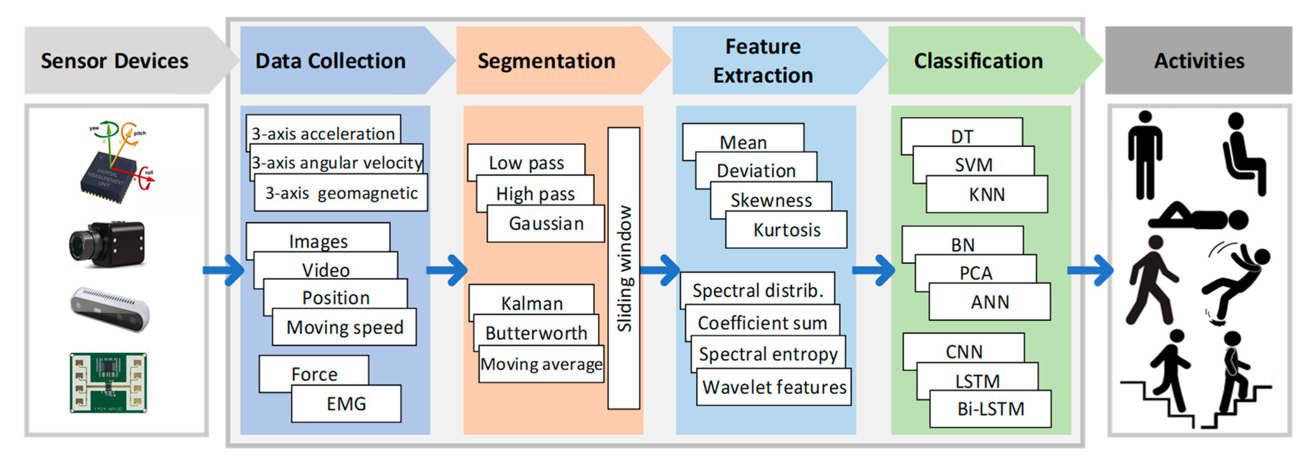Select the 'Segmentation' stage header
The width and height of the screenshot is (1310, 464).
[546, 61]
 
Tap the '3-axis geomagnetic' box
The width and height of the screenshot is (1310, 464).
[341, 193]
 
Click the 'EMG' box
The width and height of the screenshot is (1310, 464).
[346, 404]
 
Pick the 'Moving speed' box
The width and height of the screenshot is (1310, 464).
[345, 328]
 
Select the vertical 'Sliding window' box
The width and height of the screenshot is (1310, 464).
[624, 268]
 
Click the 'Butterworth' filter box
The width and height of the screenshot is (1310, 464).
[536, 333]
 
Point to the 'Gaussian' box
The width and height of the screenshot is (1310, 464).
[546, 224]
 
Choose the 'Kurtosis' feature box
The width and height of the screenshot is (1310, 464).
[786, 230]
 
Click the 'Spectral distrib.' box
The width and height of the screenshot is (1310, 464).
[757, 290]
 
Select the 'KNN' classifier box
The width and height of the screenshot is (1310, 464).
[987, 195]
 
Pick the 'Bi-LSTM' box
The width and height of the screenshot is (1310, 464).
[990, 409]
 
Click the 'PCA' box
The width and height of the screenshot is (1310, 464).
[975, 273]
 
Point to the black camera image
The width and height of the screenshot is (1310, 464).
[108, 244]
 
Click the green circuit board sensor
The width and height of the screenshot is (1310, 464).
[108, 383]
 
